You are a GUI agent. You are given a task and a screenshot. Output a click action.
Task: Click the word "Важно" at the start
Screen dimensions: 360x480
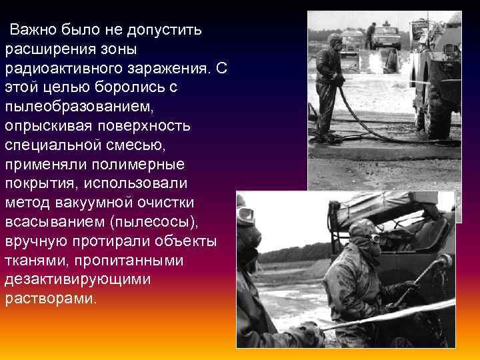pos(33,30)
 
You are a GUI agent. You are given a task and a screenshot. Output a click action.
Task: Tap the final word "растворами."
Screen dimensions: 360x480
pos(51,299)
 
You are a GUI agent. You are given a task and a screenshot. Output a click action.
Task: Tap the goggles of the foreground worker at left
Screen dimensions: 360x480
pos(246,215)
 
